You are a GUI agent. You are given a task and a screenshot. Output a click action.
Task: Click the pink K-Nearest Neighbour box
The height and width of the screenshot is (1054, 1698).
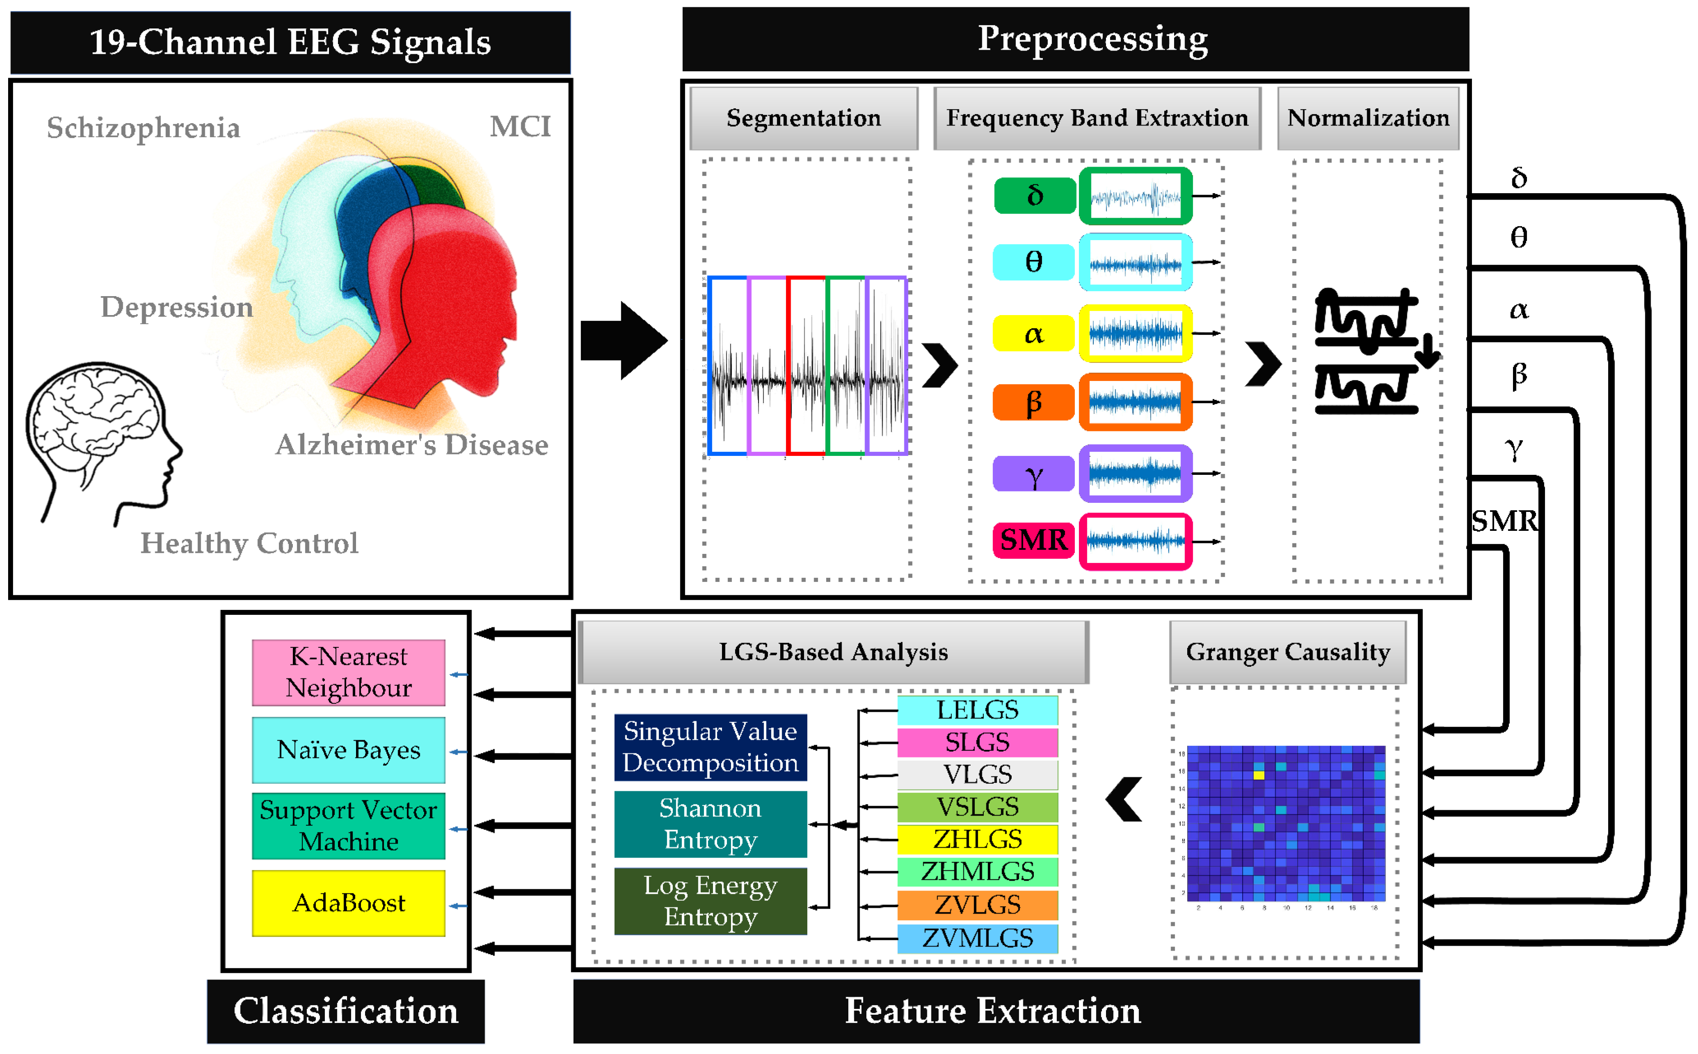tap(348, 672)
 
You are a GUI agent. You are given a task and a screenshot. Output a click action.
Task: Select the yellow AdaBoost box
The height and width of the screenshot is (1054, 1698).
tap(348, 903)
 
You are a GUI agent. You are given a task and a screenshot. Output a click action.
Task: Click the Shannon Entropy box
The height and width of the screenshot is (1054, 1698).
tap(710, 823)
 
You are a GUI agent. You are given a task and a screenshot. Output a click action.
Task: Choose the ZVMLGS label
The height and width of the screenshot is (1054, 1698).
tap(977, 938)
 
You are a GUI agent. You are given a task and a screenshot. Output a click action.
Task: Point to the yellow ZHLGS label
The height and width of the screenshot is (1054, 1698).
tap(977, 839)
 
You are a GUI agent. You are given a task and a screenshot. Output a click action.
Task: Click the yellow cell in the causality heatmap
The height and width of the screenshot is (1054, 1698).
tap(1258, 775)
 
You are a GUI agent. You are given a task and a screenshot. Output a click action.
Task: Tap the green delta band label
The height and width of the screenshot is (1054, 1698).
tap(1034, 195)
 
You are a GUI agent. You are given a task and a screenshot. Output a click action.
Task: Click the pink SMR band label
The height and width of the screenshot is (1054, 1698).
tap(1033, 540)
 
